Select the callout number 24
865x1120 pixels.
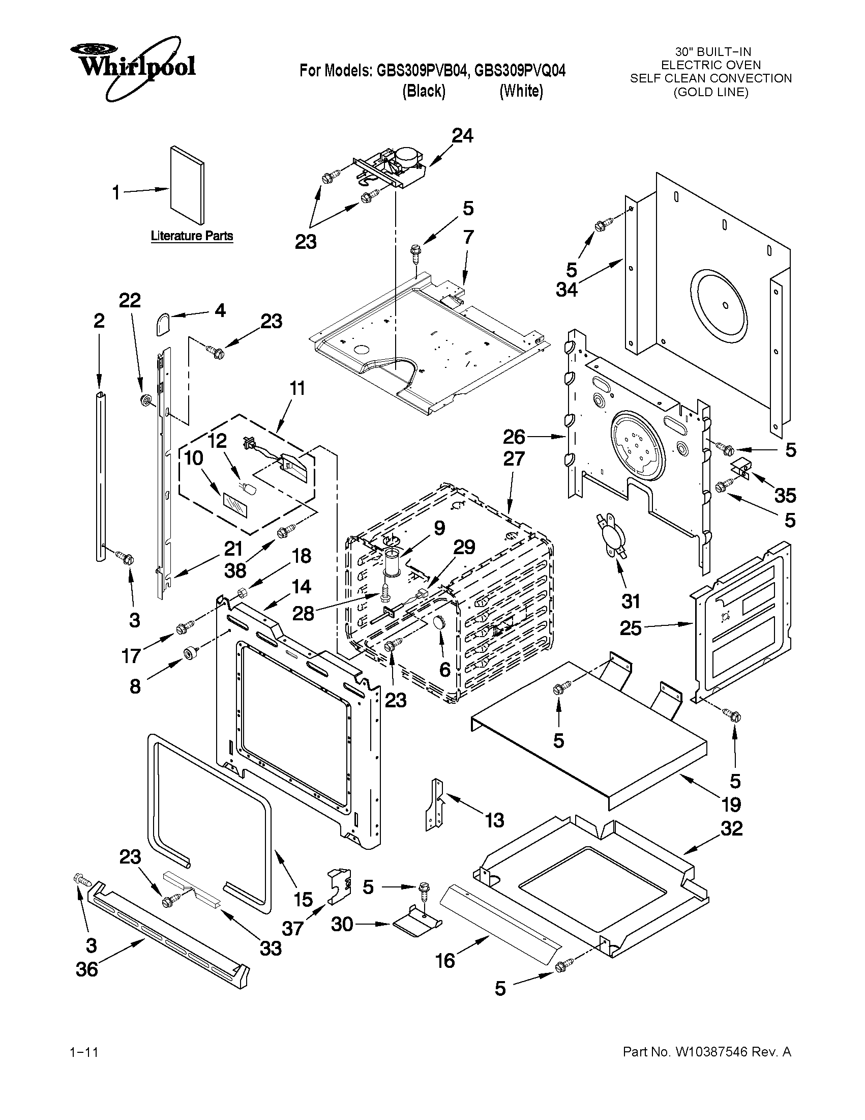[x=462, y=136]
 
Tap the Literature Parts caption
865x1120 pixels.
[x=192, y=236]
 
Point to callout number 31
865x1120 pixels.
[x=630, y=601]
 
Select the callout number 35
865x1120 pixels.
[x=785, y=496]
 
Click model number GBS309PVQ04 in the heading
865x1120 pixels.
[x=520, y=70]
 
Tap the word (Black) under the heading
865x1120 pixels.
[x=424, y=91]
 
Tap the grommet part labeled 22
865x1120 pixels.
[x=145, y=399]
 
